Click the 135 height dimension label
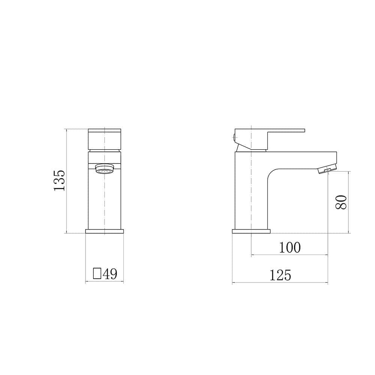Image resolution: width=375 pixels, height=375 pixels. pyautogui.click(x=59, y=180)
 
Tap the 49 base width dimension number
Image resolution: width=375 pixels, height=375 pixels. pyautogui.click(x=110, y=274)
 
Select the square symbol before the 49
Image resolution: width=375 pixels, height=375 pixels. pyautogui.click(x=97, y=274)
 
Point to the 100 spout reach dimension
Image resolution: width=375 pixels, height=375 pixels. pyautogui.click(x=290, y=247)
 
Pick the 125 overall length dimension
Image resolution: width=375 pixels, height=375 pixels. pyautogui.click(x=280, y=276)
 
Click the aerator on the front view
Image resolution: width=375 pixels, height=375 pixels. pyautogui.click(x=105, y=169)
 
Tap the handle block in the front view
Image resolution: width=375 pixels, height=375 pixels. pyautogui.click(x=105, y=139)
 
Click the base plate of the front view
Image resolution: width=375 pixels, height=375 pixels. pyautogui.click(x=105, y=231)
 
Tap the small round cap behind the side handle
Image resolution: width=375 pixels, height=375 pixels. pyautogui.click(x=234, y=137)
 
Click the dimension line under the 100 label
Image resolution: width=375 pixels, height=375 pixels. pyautogui.click(x=289, y=255)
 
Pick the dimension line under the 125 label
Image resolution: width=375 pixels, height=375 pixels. pyautogui.click(x=280, y=283)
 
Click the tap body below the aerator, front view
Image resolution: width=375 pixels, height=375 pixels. pyautogui.click(x=105, y=202)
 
